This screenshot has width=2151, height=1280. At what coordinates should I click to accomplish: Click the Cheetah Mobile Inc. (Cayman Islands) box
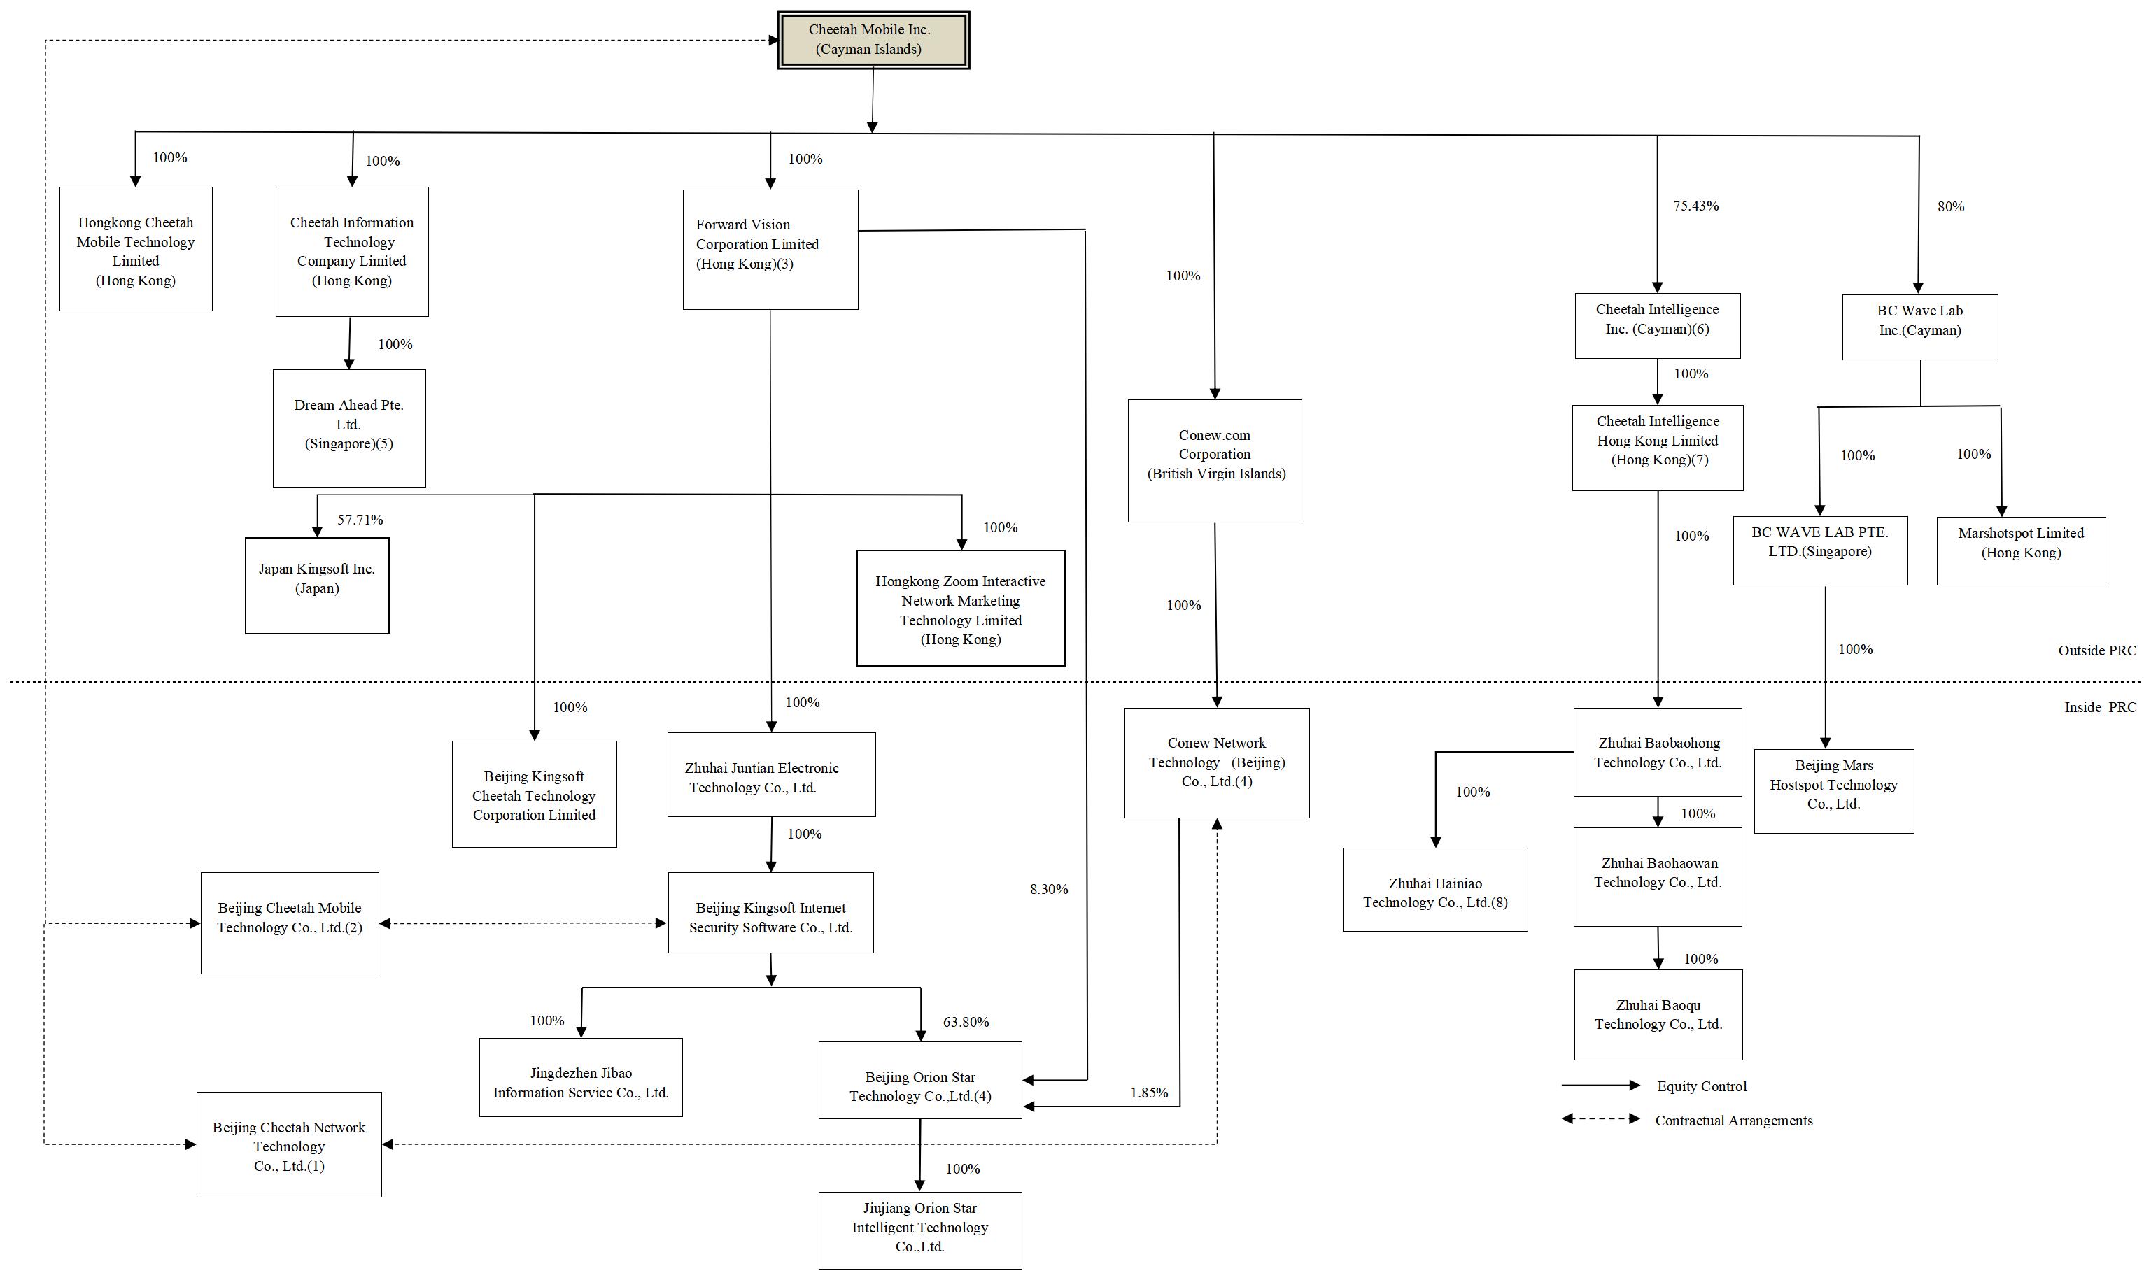[873, 40]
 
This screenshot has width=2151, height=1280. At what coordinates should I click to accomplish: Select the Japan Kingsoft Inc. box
[317, 585]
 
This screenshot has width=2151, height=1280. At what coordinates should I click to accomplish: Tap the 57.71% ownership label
[360, 520]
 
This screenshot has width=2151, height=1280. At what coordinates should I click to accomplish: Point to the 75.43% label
[1695, 206]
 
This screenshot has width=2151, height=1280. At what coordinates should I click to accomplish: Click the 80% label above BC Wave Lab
[1950, 207]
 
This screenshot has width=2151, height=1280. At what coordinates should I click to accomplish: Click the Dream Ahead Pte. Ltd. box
[348, 428]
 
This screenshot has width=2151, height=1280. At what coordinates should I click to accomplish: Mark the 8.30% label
[1048, 889]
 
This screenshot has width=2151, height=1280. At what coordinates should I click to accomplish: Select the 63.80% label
[966, 1022]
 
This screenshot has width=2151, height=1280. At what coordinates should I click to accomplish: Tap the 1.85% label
[1148, 1093]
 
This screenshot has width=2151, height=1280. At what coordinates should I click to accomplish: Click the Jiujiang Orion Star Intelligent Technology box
[919, 1229]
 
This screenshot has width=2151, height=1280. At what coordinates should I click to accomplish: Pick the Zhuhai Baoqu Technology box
[1658, 1014]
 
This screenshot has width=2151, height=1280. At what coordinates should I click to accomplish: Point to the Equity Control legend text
[1700, 1087]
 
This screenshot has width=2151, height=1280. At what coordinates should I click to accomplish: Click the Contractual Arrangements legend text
[1733, 1121]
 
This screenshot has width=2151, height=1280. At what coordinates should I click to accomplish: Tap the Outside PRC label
[2096, 650]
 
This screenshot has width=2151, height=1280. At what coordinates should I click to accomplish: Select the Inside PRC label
[2099, 707]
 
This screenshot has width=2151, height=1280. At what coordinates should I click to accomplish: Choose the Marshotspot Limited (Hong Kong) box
[2020, 550]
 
